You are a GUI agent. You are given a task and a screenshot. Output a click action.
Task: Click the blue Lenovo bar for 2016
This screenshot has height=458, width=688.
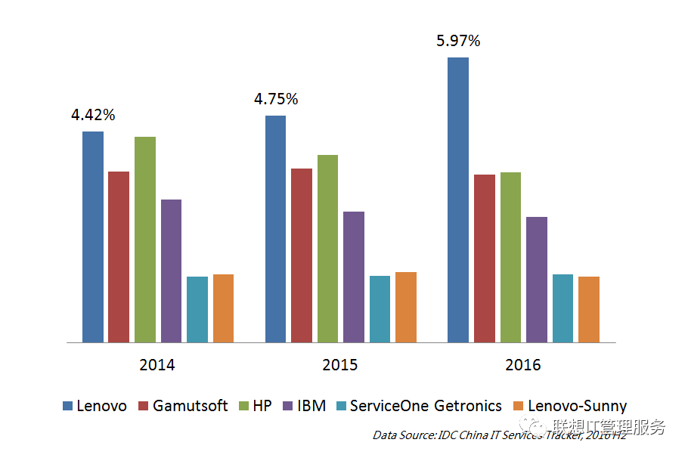click(458, 200)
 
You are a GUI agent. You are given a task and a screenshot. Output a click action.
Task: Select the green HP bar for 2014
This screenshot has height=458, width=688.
click(145, 240)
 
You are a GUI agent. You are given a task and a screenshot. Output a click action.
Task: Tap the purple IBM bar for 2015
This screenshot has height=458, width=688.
click(354, 277)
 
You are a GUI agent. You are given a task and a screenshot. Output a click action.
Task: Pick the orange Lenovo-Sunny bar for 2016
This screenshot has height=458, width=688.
click(589, 309)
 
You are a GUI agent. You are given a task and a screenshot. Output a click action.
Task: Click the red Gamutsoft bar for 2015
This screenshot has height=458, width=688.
click(302, 255)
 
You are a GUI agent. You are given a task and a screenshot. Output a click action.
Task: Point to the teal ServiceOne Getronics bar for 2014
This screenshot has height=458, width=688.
click(197, 309)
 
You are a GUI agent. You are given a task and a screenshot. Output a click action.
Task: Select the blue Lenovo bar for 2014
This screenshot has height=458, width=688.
click(93, 237)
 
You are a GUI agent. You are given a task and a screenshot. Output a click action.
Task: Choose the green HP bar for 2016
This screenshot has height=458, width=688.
click(510, 257)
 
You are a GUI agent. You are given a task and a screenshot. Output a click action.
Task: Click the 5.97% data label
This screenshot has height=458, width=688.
click(458, 41)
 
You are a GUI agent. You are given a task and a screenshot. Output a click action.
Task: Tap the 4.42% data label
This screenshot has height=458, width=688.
click(93, 116)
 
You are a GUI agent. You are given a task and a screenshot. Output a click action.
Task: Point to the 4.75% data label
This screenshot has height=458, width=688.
click(276, 99)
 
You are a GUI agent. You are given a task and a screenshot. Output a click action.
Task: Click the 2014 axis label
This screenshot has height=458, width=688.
click(157, 365)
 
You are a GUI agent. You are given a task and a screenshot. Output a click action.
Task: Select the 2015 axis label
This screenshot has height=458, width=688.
click(340, 365)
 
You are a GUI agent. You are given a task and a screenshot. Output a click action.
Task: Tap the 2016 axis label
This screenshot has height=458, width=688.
click(523, 365)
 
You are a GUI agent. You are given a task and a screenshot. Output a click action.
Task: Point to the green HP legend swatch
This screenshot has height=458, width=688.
click(244, 407)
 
